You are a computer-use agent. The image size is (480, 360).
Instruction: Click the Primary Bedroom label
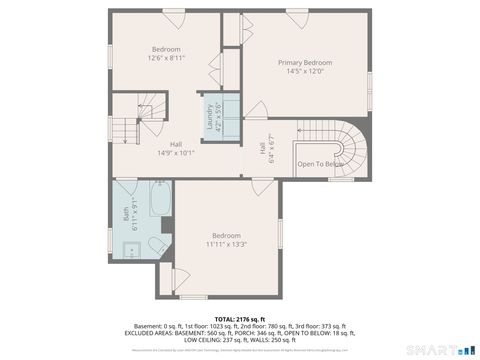tap(305, 62)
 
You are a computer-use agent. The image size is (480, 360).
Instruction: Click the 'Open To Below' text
tap(320, 163)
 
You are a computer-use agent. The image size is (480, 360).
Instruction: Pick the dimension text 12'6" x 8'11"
tap(165, 58)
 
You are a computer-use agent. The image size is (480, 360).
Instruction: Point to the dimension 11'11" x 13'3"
tap(226, 243)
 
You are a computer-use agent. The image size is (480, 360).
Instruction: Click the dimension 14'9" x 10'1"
tap(175, 153)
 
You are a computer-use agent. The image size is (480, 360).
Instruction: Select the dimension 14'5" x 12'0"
tap(305, 71)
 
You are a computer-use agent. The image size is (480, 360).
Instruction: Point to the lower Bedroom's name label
tap(226, 235)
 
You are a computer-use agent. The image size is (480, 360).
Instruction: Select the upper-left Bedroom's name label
tap(166, 49)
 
